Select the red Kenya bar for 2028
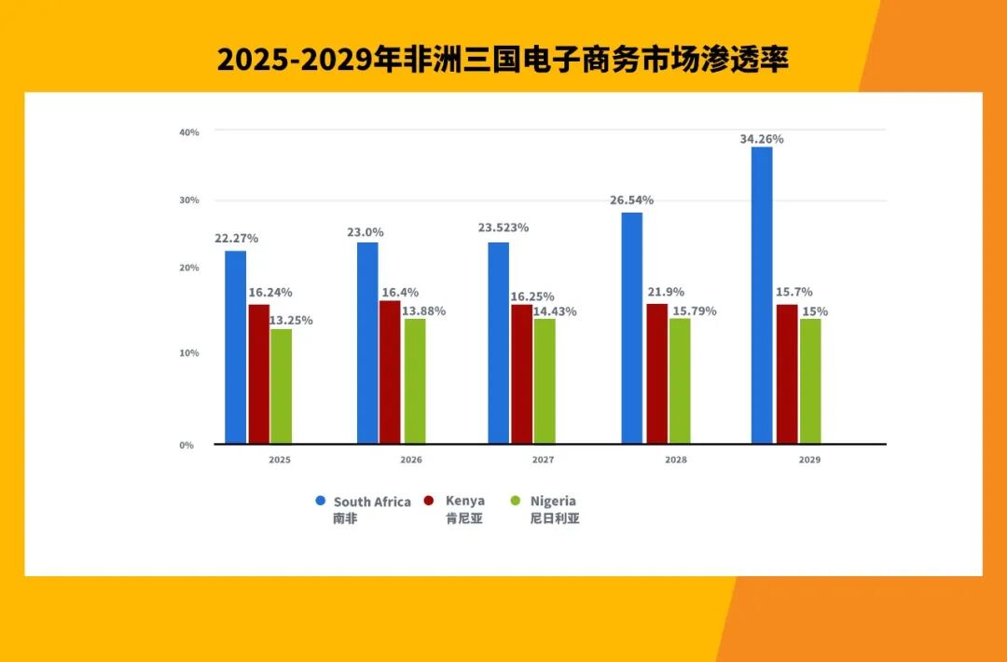pos(656,373)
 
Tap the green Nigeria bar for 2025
pos(281,386)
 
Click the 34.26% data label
pos(762,139)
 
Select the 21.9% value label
pos(667,292)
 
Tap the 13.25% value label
pos(291,320)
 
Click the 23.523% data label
pos(504,228)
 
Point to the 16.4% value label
pos(399,292)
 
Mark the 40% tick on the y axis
pos(188,132)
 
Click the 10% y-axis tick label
pos(188,353)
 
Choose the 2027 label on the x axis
pos(543,460)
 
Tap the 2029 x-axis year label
pos(809,460)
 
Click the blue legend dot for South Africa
pos(321,501)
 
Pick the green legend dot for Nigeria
pos(514,501)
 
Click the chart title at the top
pos(504,60)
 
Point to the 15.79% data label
pos(694,311)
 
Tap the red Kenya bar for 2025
pos(258,374)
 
